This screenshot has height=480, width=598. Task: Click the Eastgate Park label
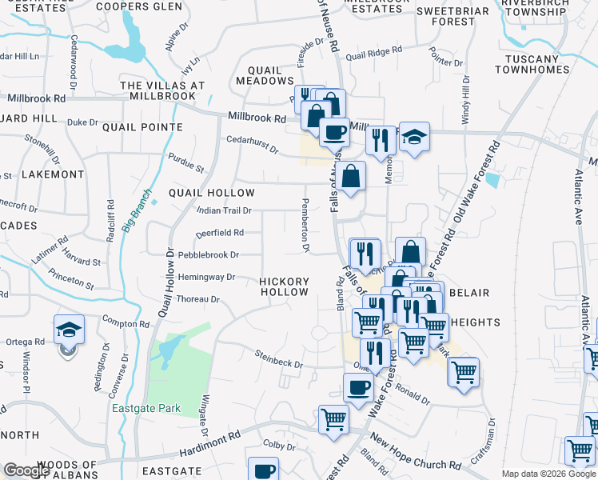[x=146, y=408]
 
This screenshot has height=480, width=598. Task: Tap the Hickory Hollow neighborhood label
[x=284, y=286]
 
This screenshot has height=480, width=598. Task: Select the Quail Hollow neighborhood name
[x=212, y=193]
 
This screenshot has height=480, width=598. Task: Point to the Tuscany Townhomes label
[x=536, y=64]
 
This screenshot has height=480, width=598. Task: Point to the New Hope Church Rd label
[x=416, y=453]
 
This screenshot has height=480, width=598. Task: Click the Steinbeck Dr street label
[x=279, y=358]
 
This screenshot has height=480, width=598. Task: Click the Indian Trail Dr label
[x=225, y=210]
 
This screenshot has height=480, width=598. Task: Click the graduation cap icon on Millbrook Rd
[x=414, y=138]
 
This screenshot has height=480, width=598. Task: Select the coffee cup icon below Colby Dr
[x=263, y=470]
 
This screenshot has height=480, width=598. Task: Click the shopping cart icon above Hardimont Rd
[x=333, y=418]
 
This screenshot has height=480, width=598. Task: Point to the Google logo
[x=26, y=470]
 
